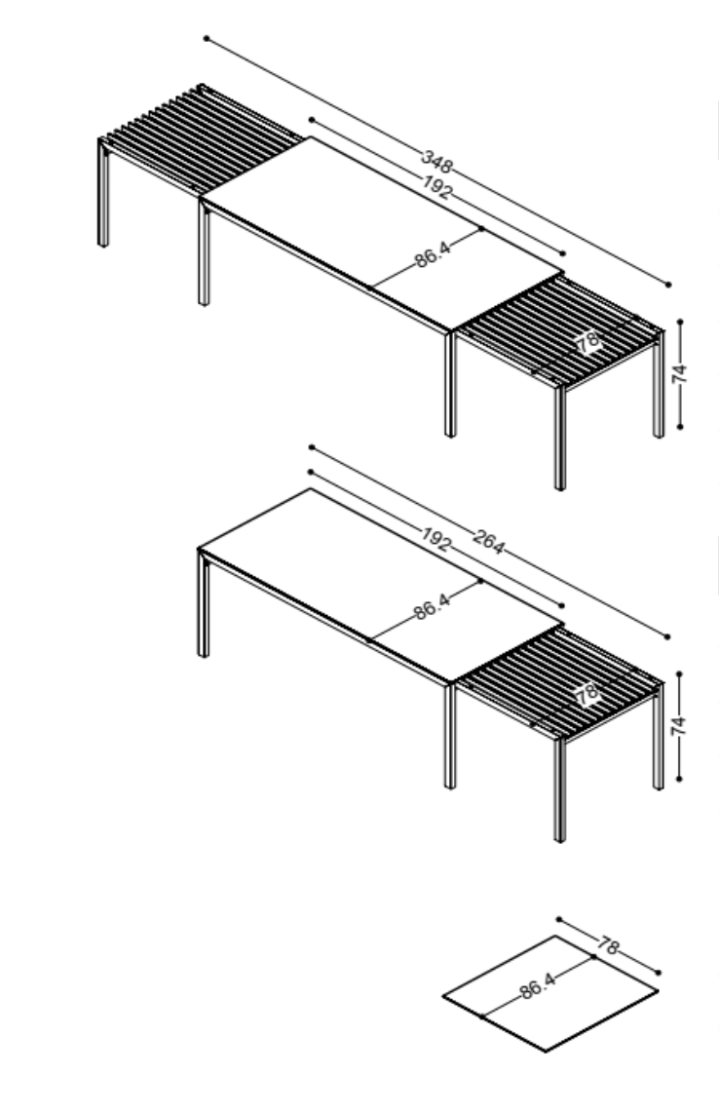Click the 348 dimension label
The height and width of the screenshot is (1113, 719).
436,162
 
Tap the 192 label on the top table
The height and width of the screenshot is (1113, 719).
436,187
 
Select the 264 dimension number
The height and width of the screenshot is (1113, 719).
488,541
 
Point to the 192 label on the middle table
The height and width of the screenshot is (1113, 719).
435,539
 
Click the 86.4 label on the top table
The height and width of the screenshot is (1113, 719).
433,253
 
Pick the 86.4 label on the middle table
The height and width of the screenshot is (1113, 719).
432,606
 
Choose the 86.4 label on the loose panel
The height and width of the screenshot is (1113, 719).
537,985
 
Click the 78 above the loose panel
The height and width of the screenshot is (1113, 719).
608,944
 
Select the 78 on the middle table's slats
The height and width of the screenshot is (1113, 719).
587,694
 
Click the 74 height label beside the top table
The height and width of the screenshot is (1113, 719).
680,373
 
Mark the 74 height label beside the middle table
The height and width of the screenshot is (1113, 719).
679,725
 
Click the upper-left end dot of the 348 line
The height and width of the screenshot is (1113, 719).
207,38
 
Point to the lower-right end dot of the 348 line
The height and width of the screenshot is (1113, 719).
668,285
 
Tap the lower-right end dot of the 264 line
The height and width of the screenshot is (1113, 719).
667,636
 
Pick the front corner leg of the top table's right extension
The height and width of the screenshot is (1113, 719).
560,438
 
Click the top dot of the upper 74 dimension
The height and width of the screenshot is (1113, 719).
680,322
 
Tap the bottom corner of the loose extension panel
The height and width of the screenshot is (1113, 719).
546,1051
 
